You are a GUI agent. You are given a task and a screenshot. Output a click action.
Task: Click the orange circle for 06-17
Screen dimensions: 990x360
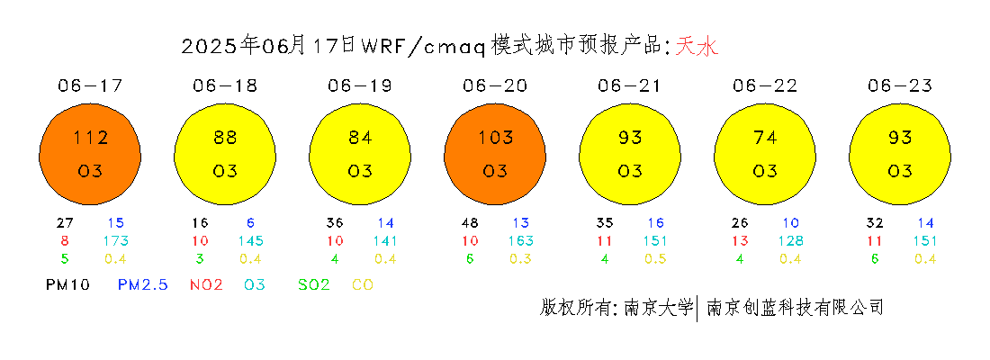point(90,155)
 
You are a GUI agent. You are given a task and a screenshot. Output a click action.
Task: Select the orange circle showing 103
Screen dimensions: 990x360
point(495,155)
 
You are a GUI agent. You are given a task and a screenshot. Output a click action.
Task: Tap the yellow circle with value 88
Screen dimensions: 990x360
point(225,155)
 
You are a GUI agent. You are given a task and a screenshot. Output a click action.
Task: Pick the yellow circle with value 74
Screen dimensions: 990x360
point(765,155)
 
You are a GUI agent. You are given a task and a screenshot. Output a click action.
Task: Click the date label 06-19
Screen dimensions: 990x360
point(360,85)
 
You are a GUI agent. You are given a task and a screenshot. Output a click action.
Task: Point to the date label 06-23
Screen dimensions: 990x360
point(900,85)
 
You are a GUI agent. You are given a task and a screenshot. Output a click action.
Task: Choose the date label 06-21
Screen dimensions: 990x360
point(630,85)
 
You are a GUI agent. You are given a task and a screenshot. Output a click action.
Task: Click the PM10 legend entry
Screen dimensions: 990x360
point(68,284)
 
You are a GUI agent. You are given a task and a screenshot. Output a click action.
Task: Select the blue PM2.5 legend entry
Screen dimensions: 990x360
point(143,284)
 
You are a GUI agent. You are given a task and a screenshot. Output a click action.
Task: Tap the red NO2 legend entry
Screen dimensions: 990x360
point(206,284)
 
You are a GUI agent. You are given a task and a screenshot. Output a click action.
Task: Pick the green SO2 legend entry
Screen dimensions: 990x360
point(313,284)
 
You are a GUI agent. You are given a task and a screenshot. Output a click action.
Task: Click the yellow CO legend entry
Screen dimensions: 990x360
point(362,284)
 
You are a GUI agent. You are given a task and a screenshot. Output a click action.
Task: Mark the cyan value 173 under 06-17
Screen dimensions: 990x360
point(116,240)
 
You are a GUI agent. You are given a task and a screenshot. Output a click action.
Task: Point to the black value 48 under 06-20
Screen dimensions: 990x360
point(471,223)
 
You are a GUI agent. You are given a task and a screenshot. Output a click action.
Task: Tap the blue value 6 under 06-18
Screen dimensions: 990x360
point(251,223)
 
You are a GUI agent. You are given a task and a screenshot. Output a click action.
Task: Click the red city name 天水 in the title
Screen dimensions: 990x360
point(697,46)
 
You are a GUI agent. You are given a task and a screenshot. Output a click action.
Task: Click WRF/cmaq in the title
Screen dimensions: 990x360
point(422,47)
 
